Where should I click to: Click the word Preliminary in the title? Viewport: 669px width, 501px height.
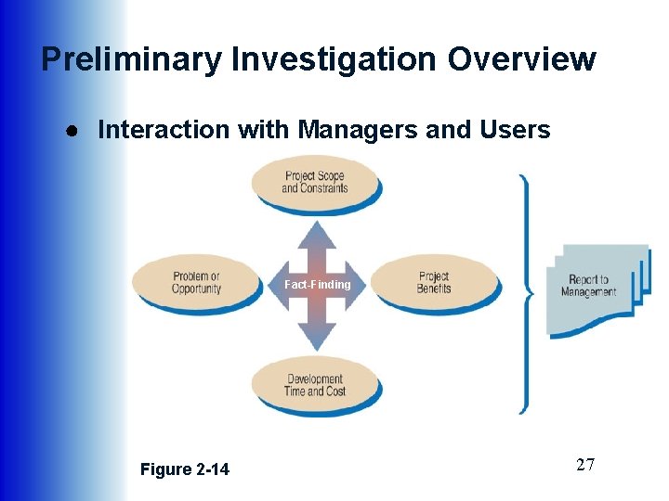coord(131,59)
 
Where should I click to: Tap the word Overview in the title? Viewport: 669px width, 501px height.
coord(522,59)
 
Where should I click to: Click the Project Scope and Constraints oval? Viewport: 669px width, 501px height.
coord(315,182)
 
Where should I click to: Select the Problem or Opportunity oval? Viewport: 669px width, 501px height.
coord(196,282)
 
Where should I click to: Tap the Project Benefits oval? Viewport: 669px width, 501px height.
coord(434,282)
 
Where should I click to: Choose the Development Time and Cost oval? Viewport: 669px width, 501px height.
coord(315,384)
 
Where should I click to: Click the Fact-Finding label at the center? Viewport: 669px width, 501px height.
coord(317,284)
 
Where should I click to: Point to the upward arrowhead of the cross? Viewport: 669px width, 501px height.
coord(317,232)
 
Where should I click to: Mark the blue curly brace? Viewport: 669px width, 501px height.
coord(527,292)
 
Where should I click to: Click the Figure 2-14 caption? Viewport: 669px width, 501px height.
coord(184,469)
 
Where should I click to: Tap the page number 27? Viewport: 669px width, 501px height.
coord(584,465)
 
